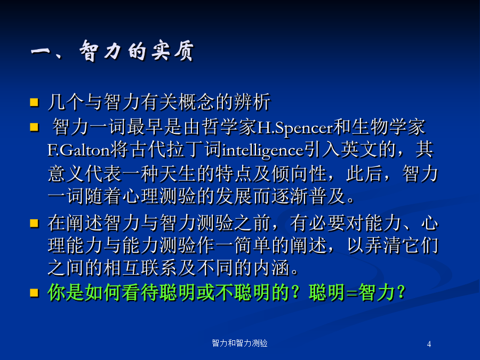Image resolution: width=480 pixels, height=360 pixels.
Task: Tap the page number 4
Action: [429, 344]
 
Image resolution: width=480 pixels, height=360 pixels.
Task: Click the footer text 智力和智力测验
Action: [239, 343]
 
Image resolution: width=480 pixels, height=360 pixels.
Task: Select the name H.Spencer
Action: [295, 128]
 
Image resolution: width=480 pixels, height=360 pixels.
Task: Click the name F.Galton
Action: [79, 150]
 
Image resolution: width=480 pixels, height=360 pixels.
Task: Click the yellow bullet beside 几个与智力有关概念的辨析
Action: [34, 102]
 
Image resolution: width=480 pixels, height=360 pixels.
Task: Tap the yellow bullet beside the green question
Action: [34, 293]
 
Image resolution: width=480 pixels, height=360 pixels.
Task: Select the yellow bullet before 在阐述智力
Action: [34, 223]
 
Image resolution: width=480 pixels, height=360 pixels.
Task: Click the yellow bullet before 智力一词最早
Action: [34, 127]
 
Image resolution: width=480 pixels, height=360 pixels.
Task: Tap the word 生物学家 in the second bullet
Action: [388, 127]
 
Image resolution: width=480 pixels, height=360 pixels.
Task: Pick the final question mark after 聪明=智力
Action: [401, 293]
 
